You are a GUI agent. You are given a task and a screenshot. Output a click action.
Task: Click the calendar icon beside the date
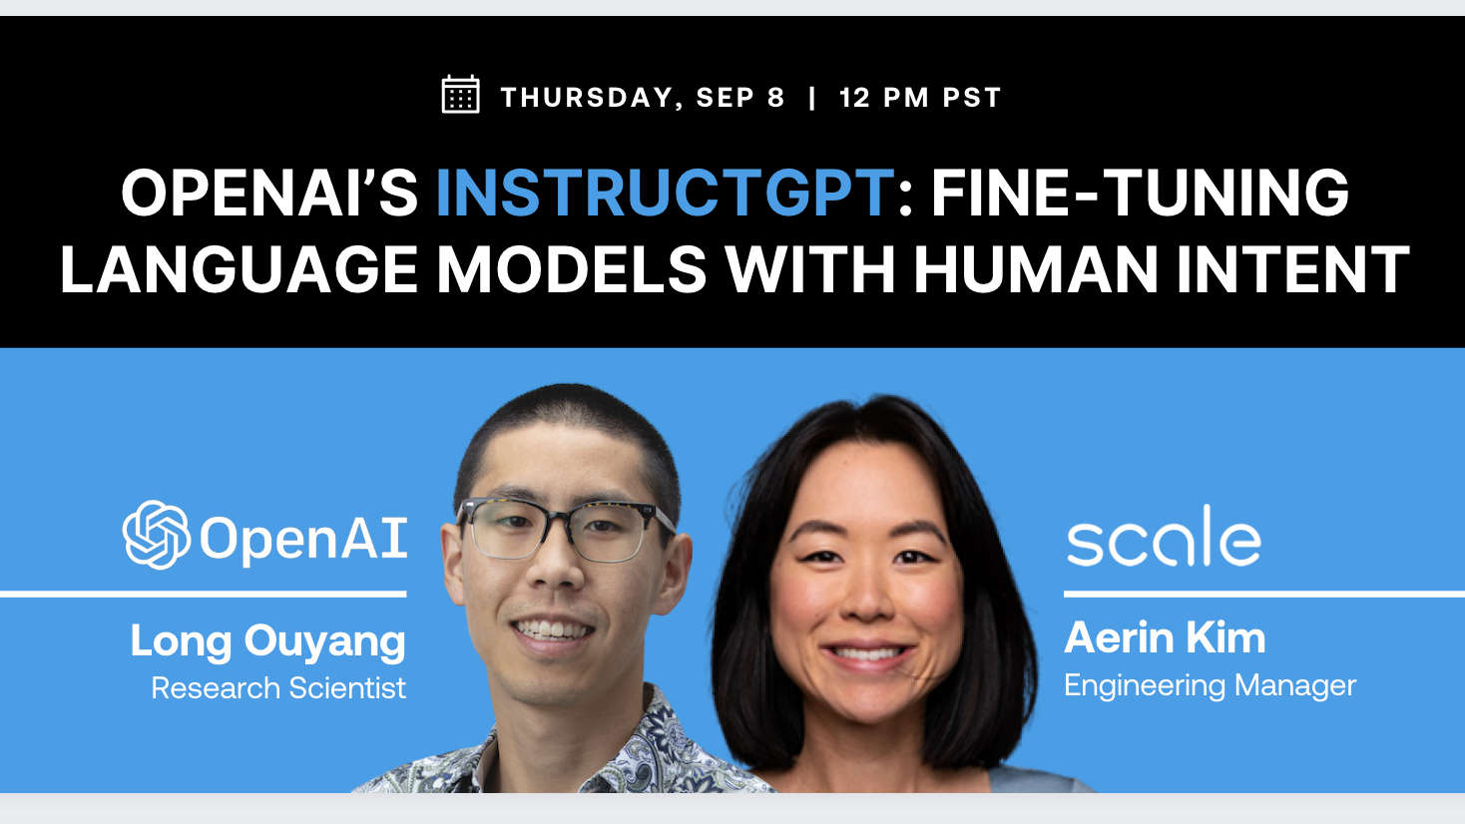click(x=460, y=96)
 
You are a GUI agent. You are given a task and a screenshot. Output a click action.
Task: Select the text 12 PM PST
click(x=920, y=98)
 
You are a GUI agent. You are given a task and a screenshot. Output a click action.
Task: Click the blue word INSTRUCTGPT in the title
click(x=665, y=193)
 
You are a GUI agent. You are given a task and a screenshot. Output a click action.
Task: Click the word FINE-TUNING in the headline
click(x=1140, y=193)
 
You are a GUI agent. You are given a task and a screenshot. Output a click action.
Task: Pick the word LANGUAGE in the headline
click(x=239, y=269)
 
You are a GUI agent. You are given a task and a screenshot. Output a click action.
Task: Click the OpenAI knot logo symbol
click(x=157, y=535)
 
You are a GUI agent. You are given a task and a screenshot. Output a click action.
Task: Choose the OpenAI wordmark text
click(x=303, y=539)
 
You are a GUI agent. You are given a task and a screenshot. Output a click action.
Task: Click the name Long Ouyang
click(x=267, y=641)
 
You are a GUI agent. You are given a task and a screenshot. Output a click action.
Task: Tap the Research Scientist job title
click(x=278, y=688)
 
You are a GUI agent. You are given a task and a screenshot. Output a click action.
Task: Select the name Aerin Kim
click(x=1165, y=638)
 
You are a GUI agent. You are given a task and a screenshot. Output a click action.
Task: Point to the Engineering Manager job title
click(x=1210, y=686)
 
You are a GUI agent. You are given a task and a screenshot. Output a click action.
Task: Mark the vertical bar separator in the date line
click(x=812, y=98)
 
